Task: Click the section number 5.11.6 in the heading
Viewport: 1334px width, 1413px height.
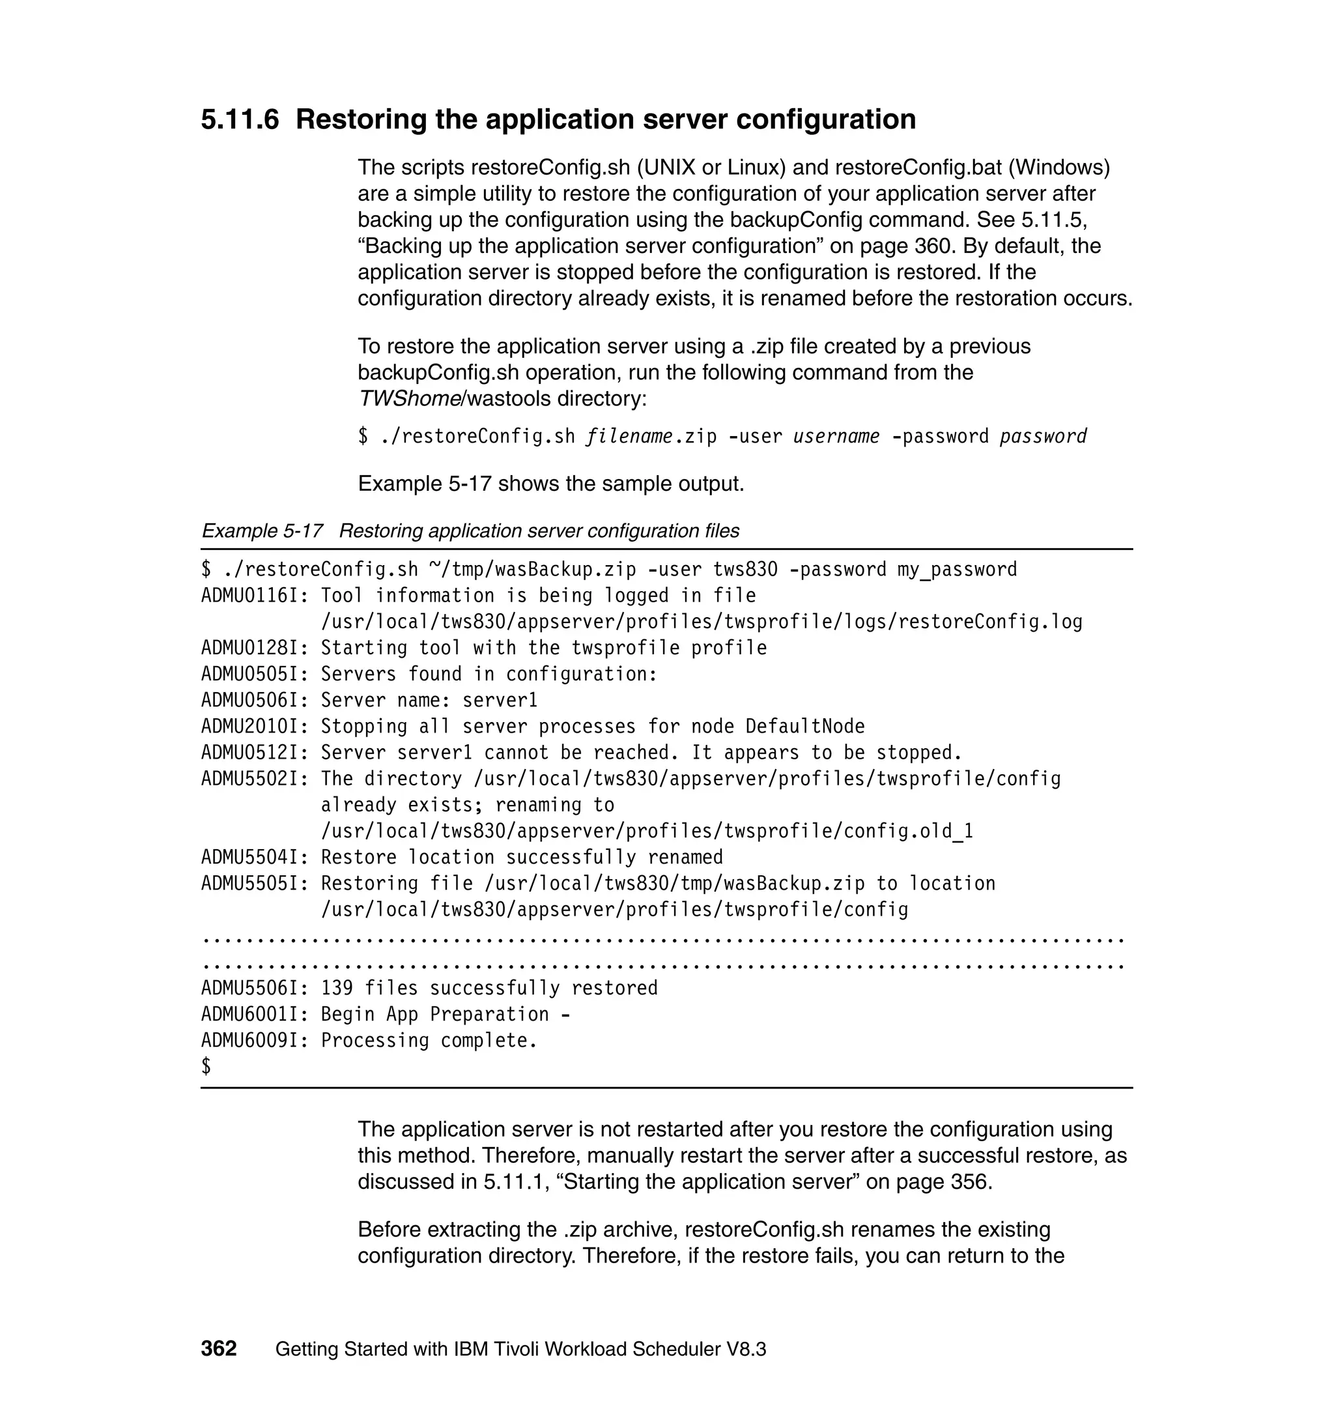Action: click(240, 119)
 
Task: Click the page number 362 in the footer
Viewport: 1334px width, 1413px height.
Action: click(218, 1348)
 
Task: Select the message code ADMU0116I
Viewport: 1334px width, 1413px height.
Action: click(254, 596)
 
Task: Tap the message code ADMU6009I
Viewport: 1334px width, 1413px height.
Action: click(254, 1040)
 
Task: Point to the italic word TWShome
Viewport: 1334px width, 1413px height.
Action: click(410, 398)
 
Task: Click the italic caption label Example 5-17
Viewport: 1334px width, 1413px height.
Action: click(262, 531)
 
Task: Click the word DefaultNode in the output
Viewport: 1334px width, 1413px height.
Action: click(805, 727)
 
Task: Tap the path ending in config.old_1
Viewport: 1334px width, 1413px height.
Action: click(647, 831)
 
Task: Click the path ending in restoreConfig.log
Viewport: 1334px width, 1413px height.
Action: click(701, 622)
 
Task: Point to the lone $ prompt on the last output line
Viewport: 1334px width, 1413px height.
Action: click(206, 1066)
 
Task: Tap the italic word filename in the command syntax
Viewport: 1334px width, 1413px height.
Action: click(629, 436)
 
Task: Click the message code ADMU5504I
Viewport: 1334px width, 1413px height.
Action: click(254, 857)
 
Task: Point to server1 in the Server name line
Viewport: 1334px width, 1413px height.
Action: click(500, 700)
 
